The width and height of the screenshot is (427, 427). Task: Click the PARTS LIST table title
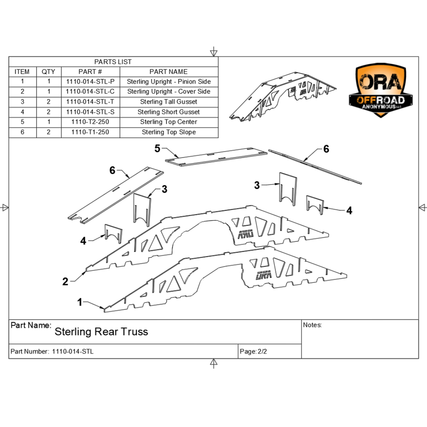113,62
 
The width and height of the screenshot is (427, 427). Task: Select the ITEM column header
22,72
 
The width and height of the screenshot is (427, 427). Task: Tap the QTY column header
48,72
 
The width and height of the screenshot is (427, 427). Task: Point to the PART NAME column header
169,72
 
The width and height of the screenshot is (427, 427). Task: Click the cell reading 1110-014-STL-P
90,82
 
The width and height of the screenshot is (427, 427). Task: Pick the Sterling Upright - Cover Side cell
169,92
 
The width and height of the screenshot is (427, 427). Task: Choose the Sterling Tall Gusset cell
169,102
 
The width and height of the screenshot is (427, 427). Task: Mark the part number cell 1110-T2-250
90,122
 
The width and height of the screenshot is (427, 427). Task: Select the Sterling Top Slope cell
169,132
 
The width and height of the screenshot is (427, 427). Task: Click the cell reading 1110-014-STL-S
90,112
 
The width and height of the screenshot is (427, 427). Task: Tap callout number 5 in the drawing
157,149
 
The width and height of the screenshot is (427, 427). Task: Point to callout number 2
65,282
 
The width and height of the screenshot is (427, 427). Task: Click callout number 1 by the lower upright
80,302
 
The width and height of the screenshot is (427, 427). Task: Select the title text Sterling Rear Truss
101,332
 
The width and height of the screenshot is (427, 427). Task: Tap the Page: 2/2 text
254,351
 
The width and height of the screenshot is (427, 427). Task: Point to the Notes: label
313,325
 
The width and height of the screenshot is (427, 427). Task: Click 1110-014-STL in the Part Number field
73,351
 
